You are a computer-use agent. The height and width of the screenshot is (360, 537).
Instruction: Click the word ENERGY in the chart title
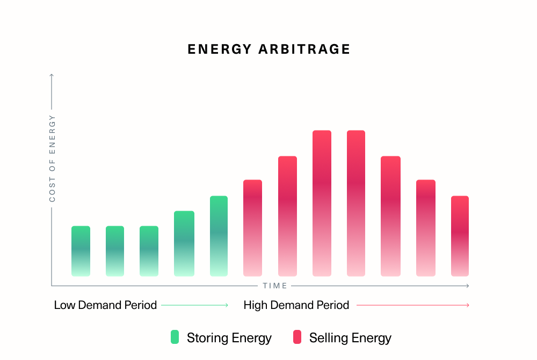[x=219, y=49]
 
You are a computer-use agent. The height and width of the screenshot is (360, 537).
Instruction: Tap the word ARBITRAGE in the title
[x=304, y=49]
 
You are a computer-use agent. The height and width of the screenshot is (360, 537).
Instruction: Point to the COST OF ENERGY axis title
[x=52, y=159]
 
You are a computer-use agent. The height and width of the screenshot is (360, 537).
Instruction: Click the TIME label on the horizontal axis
[x=275, y=286]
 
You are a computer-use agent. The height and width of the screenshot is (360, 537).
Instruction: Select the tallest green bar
[x=219, y=236]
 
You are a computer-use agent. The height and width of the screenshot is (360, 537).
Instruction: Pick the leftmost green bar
[x=81, y=251]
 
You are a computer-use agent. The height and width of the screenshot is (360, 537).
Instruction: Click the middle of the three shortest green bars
[x=115, y=251]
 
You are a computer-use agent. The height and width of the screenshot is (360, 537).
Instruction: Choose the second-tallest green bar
[x=184, y=243]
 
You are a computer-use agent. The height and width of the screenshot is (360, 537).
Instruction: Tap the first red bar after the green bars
[x=252, y=228]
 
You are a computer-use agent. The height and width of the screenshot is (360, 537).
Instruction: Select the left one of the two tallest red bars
[x=322, y=203]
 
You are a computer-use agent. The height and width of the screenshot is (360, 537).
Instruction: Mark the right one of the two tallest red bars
[x=356, y=203]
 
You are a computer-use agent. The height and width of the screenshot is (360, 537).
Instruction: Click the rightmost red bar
[x=460, y=236]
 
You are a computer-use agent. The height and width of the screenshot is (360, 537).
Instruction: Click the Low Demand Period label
[x=105, y=305]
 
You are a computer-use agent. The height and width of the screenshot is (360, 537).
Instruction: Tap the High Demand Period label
[x=296, y=305]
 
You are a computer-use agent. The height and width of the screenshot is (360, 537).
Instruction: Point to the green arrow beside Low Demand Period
[x=195, y=305]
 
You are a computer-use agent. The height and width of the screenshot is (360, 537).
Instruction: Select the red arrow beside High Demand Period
[x=413, y=305]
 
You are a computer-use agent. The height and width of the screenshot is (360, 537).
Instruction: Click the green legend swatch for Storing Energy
[x=175, y=337]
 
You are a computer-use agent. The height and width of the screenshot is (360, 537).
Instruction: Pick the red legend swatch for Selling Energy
[x=297, y=337]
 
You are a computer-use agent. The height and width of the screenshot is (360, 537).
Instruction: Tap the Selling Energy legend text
[x=350, y=338]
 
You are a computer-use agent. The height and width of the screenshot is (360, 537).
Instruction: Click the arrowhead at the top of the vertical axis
[x=52, y=76]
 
